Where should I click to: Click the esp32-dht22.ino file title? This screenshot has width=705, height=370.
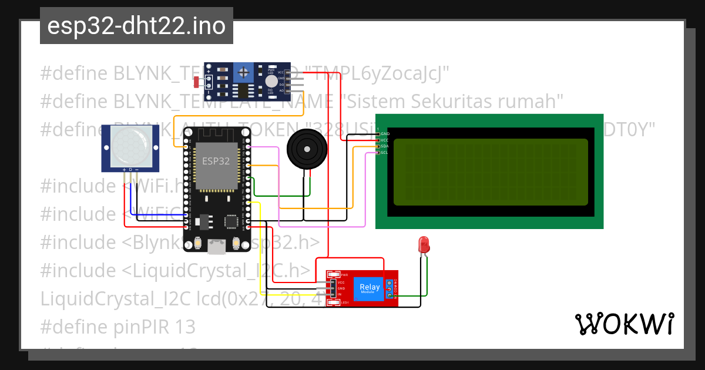[136, 26]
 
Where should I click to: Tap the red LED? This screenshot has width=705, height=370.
[423, 244]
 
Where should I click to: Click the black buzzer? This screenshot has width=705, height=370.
[306, 147]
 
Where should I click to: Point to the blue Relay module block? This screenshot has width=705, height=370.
[370, 288]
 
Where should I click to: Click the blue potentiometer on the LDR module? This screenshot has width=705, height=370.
[243, 73]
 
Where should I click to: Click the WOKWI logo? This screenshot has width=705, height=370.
[624, 324]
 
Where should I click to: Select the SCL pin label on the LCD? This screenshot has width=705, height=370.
[384, 153]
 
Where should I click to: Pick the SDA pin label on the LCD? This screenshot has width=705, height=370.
[384, 147]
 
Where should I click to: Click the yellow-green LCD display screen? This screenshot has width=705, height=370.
[490, 171]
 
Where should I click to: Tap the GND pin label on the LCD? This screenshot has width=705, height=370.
[385, 134]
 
